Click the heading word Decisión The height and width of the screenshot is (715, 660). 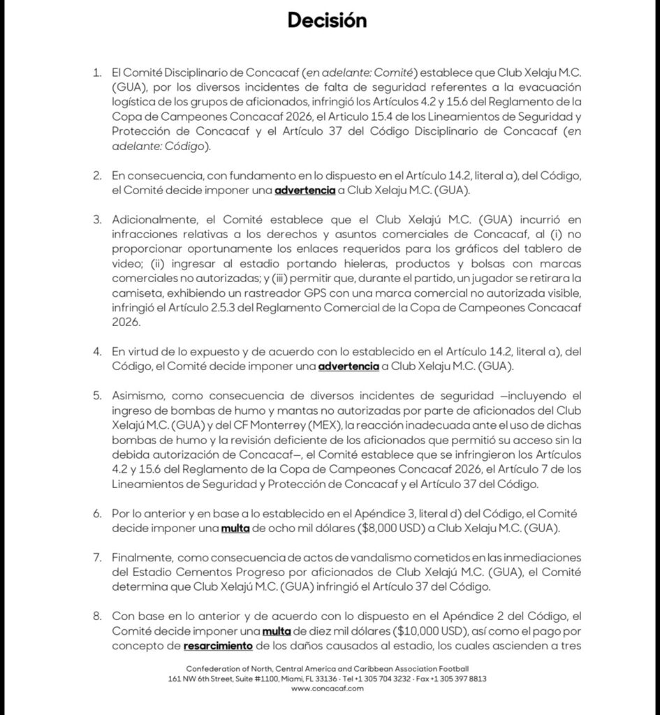(x=327, y=21)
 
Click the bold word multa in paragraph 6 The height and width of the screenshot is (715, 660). (x=235, y=528)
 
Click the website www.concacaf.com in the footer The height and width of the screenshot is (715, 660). (x=327, y=688)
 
